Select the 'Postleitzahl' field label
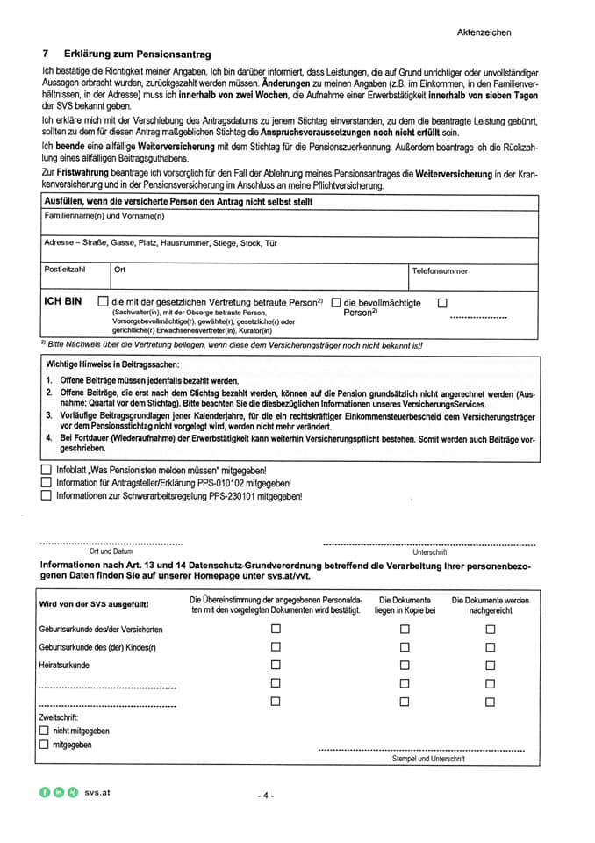click(66, 270)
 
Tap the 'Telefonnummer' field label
click(440, 271)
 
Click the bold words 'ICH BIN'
click(63, 301)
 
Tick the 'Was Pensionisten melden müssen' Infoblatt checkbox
click(47, 471)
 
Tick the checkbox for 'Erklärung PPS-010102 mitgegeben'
click(47, 483)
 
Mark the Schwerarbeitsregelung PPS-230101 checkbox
click(47, 495)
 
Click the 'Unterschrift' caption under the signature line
click(429, 552)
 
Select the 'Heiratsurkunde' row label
click(64, 665)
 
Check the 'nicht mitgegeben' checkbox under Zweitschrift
click(45, 731)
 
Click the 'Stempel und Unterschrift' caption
click(428, 758)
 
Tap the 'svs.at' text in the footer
click(97, 792)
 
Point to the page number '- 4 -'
click(266, 796)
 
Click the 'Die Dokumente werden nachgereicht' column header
click(490, 605)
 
